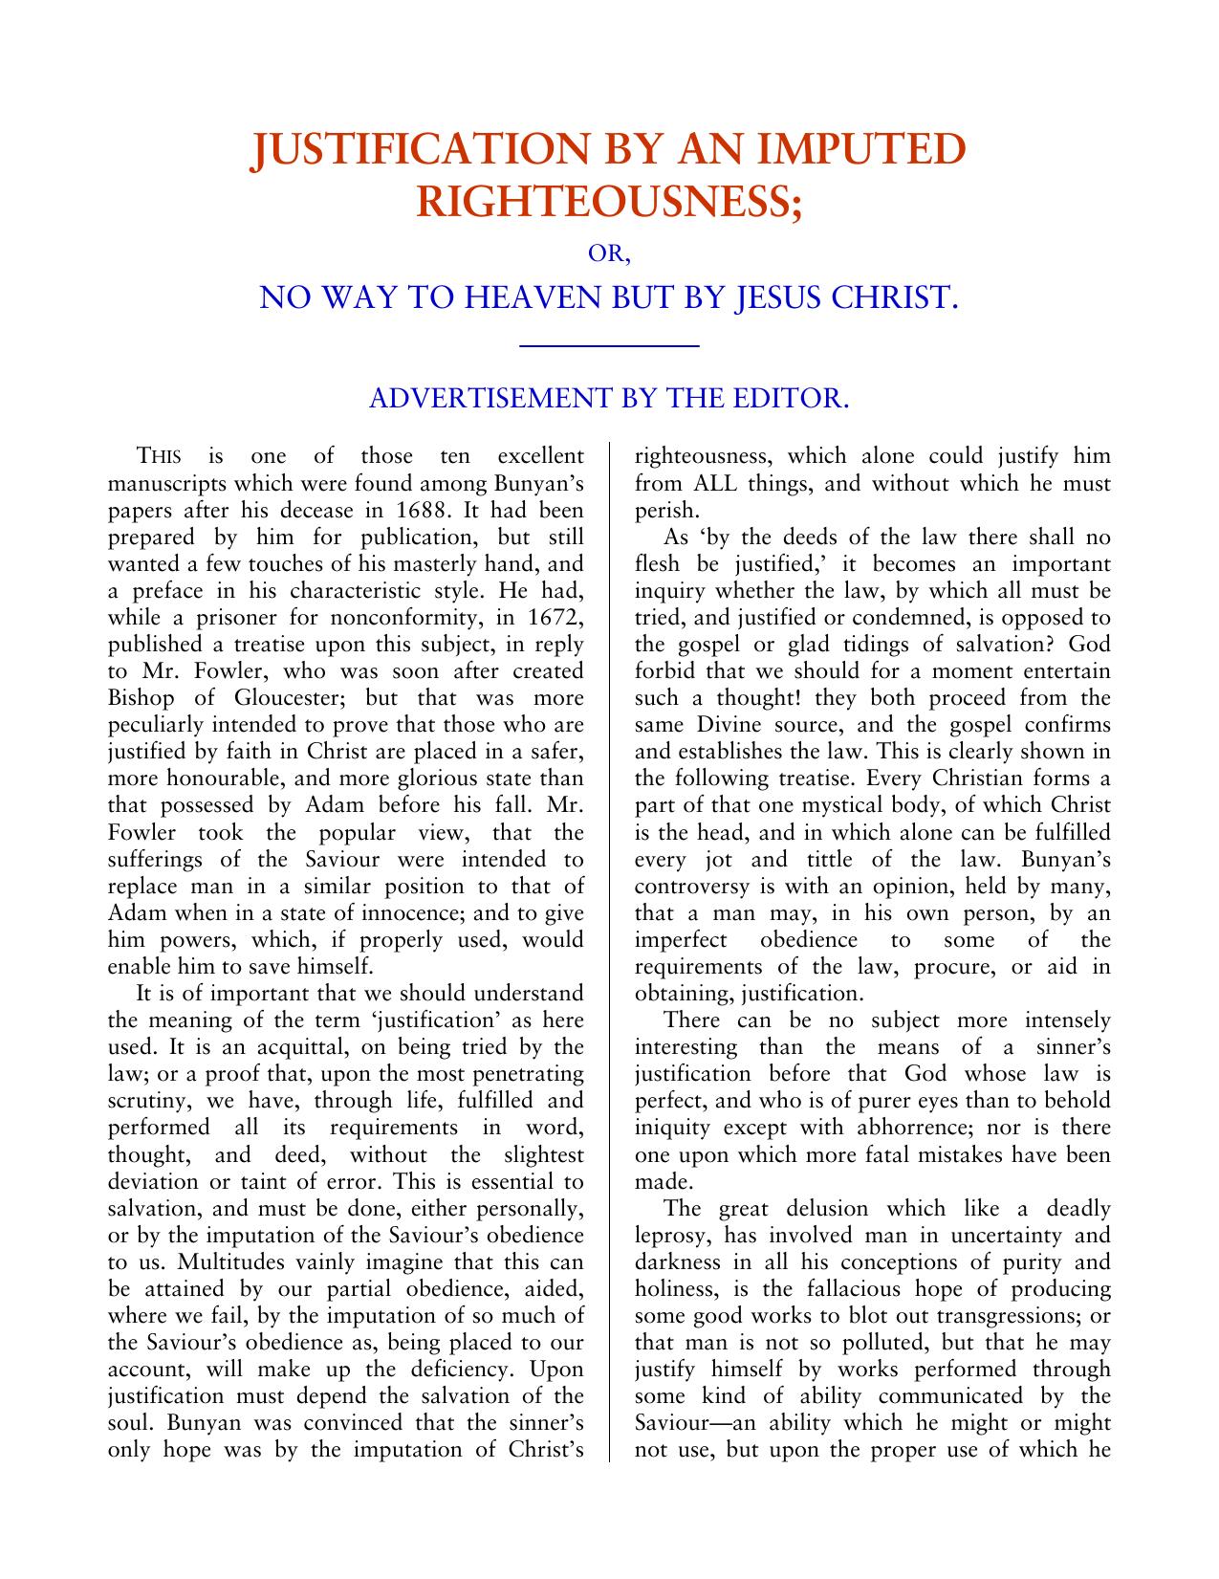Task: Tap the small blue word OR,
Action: click(609, 256)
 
